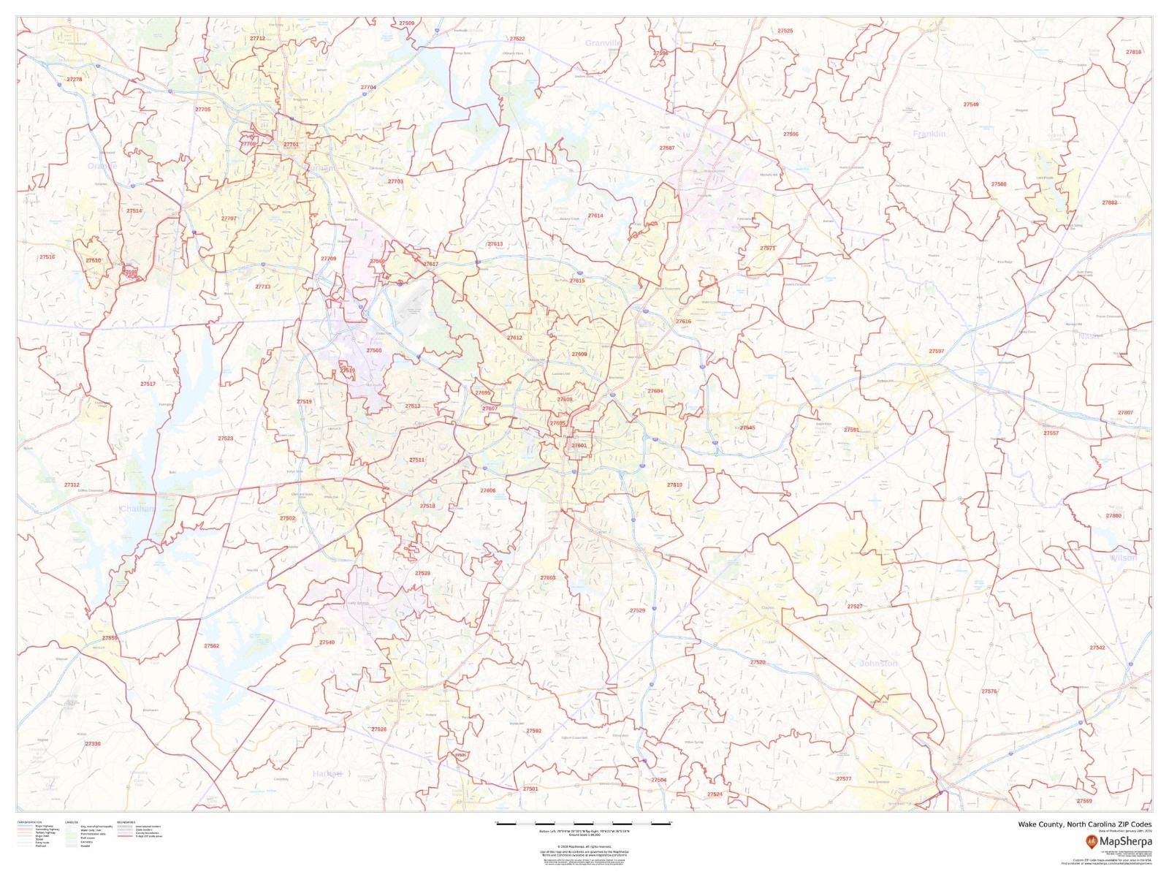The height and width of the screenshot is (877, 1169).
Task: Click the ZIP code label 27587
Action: pyautogui.click(x=666, y=148)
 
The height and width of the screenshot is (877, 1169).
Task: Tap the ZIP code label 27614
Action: pyautogui.click(x=595, y=216)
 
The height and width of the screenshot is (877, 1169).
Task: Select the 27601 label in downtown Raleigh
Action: pyautogui.click(x=579, y=445)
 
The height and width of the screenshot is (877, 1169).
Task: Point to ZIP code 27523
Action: pyautogui.click(x=225, y=438)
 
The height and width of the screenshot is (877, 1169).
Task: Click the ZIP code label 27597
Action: pyautogui.click(x=936, y=351)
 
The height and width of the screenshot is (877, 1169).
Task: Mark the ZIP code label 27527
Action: pyautogui.click(x=854, y=606)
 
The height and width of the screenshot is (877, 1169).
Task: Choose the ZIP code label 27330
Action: pyautogui.click(x=93, y=743)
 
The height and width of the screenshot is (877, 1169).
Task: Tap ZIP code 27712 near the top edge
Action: pyautogui.click(x=257, y=38)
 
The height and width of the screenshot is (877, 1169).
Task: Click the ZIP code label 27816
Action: pyautogui.click(x=1133, y=52)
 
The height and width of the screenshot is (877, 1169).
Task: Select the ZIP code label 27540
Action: pyautogui.click(x=327, y=642)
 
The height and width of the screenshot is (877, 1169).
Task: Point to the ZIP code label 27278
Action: pyautogui.click(x=74, y=79)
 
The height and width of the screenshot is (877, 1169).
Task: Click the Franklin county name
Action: pyautogui.click(x=929, y=134)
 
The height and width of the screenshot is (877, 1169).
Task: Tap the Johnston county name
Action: pyautogui.click(x=877, y=663)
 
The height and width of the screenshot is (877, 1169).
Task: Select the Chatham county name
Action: pyautogui.click(x=137, y=508)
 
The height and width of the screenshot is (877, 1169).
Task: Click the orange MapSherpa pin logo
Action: pyautogui.click(x=1091, y=842)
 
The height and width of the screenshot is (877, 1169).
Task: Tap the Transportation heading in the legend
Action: pyautogui.click(x=29, y=822)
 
